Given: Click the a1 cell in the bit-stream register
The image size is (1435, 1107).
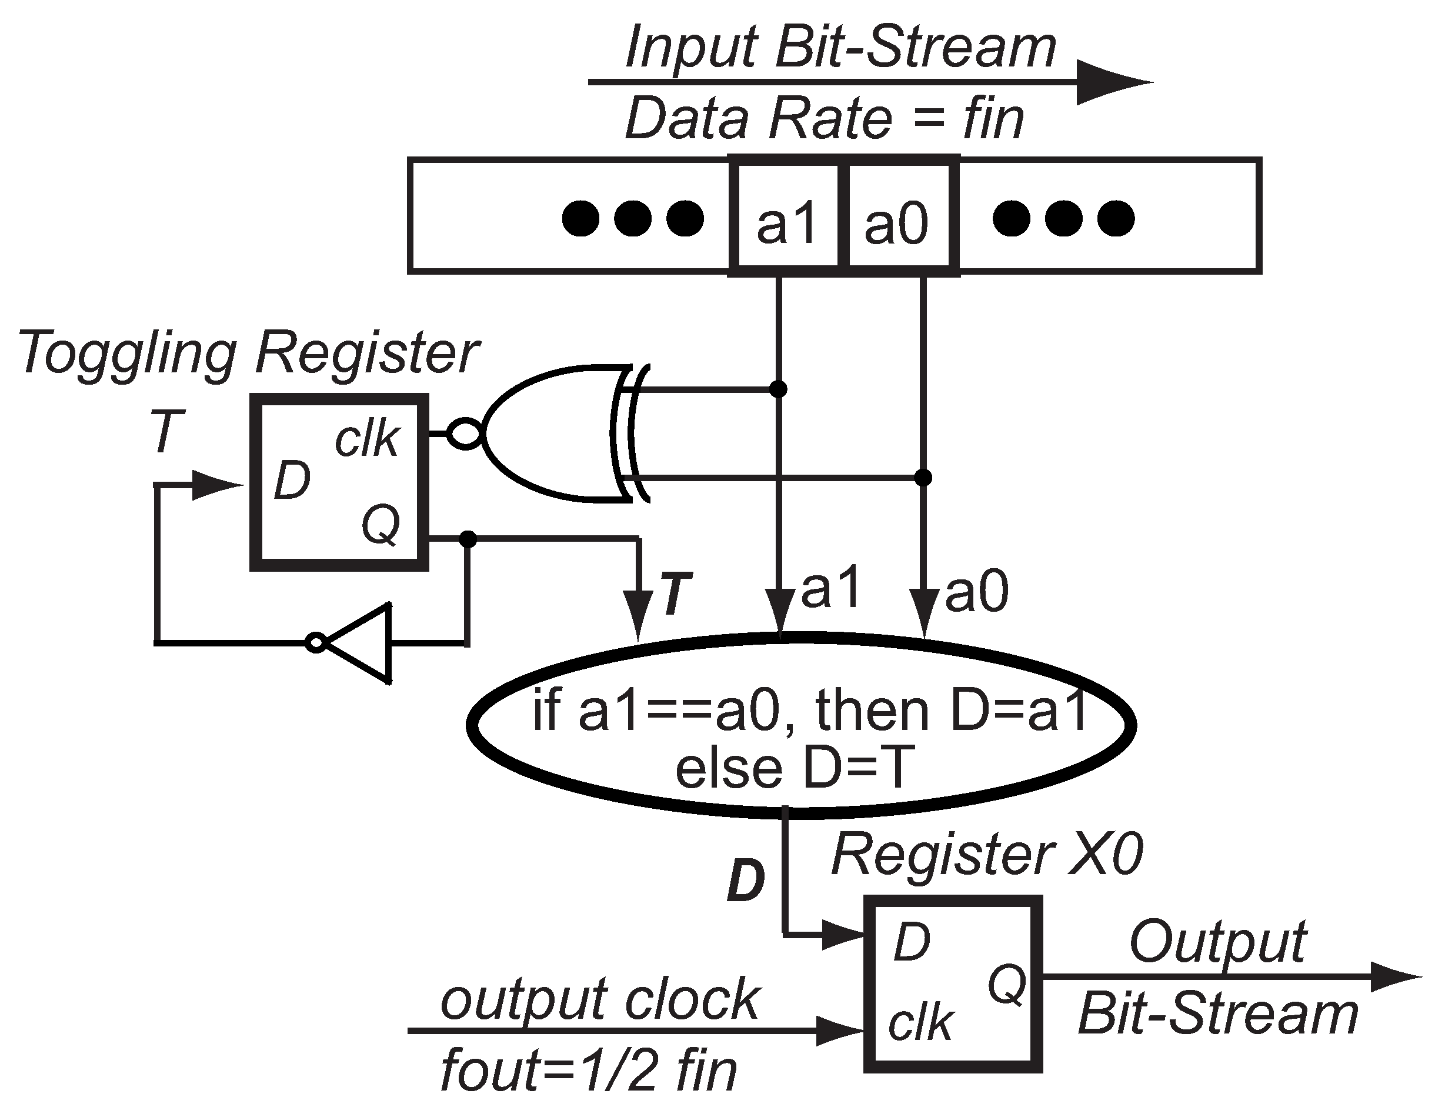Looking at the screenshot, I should pyautogui.click(x=786, y=217).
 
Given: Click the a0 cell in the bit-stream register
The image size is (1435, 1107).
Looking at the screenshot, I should pyautogui.click(x=897, y=217).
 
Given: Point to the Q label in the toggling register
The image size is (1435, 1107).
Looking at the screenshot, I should pyautogui.click(x=381, y=524).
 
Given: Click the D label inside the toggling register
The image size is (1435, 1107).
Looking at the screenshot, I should pyautogui.click(x=292, y=480).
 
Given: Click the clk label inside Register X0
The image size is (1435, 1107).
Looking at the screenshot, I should pyautogui.click(x=920, y=1023).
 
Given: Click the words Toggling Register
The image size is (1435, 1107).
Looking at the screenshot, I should pyautogui.click(x=248, y=353).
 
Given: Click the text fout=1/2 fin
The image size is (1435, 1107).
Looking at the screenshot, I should pyautogui.click(x=589, y=1071).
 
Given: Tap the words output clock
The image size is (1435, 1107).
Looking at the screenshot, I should pyautogui.click(x=600, y=999).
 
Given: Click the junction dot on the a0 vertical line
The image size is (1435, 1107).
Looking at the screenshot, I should pyautogui.click(x=923, y=478).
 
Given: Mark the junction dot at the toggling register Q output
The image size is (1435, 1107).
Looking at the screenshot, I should pyautogui.click(x=468, y=539).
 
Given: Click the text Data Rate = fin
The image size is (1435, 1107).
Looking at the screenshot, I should pyautogui.click(x=824, y=119).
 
